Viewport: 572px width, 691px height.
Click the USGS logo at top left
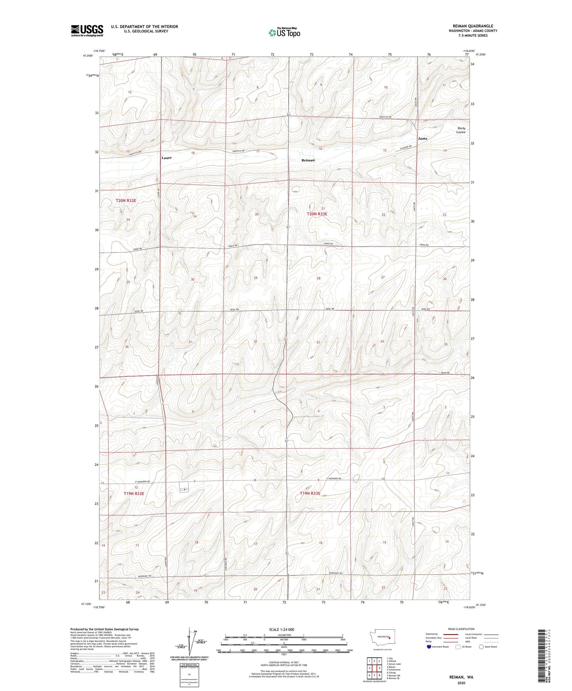[x=87, y=30]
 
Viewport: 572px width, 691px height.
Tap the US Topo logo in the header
[x=284, y=32]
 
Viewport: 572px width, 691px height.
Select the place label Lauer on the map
[x=167, y=158]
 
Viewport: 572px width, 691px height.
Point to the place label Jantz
[x=423, y=139]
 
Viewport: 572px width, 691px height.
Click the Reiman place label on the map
[x=308, y=160]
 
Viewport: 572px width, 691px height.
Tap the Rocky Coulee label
[x=461, y=130]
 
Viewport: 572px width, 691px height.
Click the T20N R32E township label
[x=126, y=201]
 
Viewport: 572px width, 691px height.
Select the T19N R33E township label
[x=310, y=494]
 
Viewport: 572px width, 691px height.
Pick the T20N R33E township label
[x=317, y=214]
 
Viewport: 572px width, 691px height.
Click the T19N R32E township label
[x=134, y=494]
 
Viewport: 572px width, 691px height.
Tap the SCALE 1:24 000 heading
[x=281, y=629]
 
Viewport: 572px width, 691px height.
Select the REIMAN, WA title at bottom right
[x=461, y=677]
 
